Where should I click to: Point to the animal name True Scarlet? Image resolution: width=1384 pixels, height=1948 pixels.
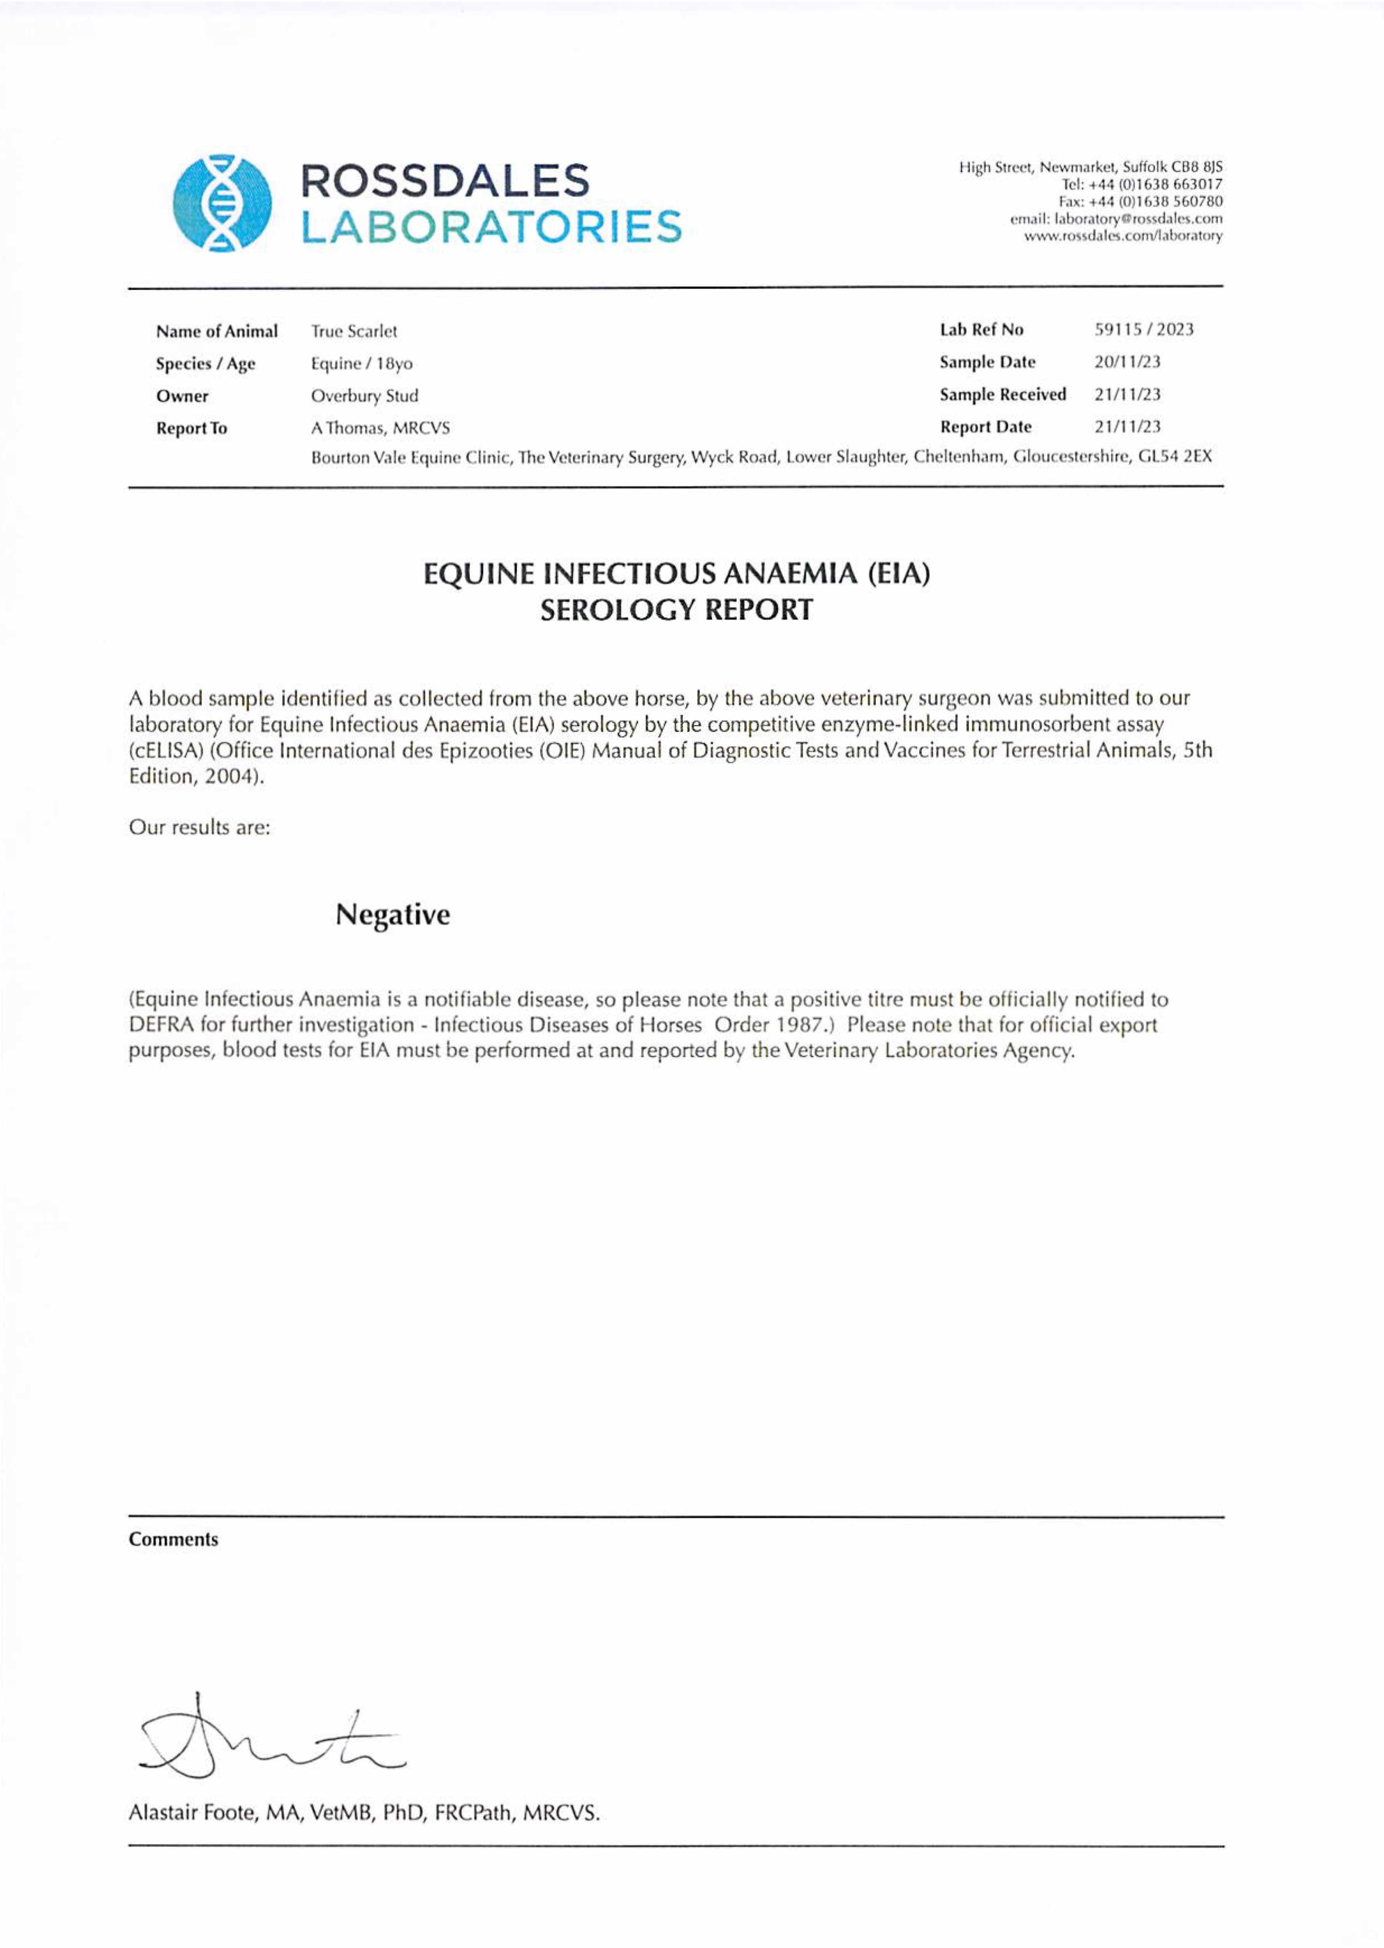tap(354, 331)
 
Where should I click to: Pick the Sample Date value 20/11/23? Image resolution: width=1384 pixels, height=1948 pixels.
tap(1127, 362)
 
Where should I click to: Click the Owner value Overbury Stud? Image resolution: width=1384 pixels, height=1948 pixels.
tap(365, 395)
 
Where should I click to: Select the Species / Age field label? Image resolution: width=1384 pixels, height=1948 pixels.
tap(205, 364)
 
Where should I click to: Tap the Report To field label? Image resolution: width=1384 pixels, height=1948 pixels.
tap(192, 429)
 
